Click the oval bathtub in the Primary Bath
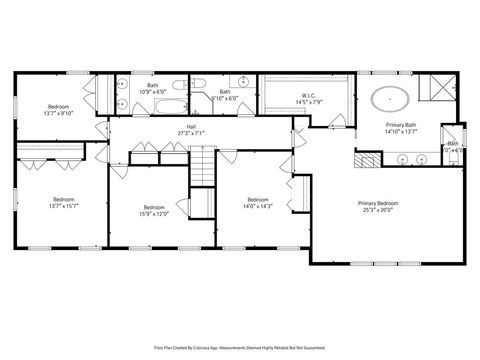coord(389,99)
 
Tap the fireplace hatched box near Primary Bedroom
coord(367,158)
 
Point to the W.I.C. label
coord(307,96)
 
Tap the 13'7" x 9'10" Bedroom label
coord(58,107)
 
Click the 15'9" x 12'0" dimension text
coord(153,213)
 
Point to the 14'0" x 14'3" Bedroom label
coord(258,199)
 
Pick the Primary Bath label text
coord(401,124)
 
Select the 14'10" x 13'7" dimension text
coord(401,131)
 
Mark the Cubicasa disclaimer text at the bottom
coord(240,348)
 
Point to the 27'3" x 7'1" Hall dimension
coord(190,133)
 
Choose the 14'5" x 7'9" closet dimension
coord(307,102)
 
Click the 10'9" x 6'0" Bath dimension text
coord(153,92)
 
